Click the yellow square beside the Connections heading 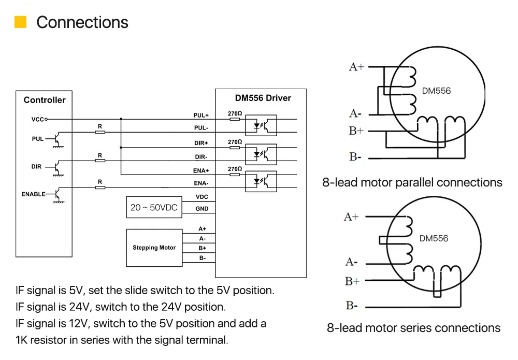pos(21,22)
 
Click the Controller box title pos(45,100)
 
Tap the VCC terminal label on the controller pos(38,119)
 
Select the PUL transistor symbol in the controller pos(57,139)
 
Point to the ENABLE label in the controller pos(33,194)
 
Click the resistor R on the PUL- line pos(100,132)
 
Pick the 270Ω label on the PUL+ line pos(235,113)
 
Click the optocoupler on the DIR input pos(261,154)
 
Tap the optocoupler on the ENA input pos(261,181)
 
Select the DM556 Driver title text pos(263,98)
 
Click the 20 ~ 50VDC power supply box pos(154,207)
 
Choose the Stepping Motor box pos(154,248)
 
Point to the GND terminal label pos(202,209)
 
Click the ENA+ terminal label pos(201,171)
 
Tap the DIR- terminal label pos(201,157)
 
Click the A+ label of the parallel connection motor pos(356,67)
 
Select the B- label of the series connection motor pos(352,306)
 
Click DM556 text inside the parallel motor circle pos(436,91)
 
